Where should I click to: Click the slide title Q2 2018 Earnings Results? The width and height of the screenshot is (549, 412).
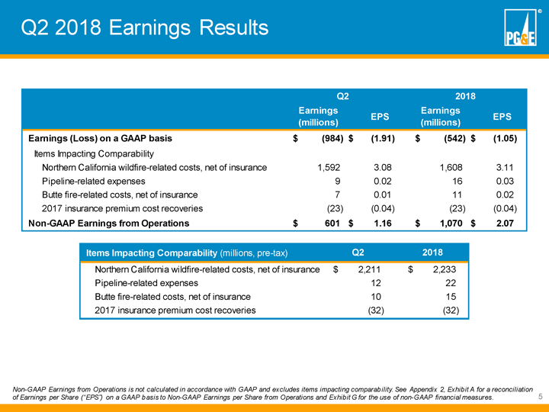[x=145, y=28]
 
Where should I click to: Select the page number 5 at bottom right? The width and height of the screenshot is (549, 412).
[x=539, y=397]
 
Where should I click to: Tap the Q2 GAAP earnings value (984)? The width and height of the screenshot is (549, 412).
[x=328, y=139]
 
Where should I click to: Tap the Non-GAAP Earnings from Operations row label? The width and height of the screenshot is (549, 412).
[x=108, y=223]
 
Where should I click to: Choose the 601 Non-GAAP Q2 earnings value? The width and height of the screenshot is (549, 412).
[x=330, y=223]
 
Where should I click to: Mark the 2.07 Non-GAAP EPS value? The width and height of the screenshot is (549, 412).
[x=502, y=223]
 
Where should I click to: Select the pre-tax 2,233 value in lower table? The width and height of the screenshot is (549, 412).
[x=444, y=269]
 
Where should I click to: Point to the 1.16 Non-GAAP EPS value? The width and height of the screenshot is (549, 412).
[x=379, y=223]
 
